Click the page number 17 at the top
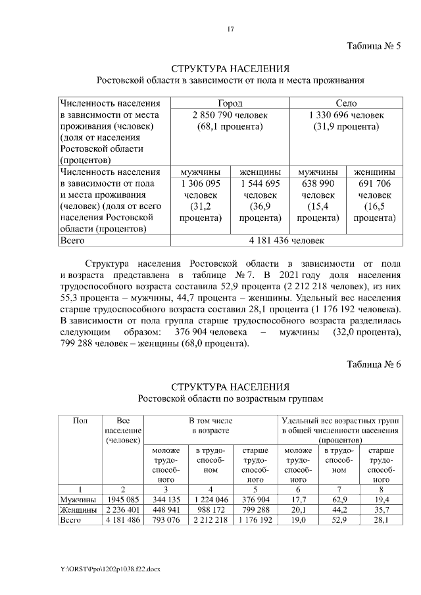pyautogui.click(x=230, y=28)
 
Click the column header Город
pyautogui.click(x=230, y=103)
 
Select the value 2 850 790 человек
pyautogui.click(x=230, y=114)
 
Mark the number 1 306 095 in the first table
pyautogui.click(x=201, y=183)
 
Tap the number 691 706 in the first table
pyautogui.click(x=374, y=183)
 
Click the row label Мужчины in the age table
pyautogui.click(x=78, y=499)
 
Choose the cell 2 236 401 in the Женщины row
pyautogui.click(x=122, y=510)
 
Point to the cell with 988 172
pyautogui.click(x=210, y=510)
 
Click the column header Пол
pyautogui.click(x=79, y=419)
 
